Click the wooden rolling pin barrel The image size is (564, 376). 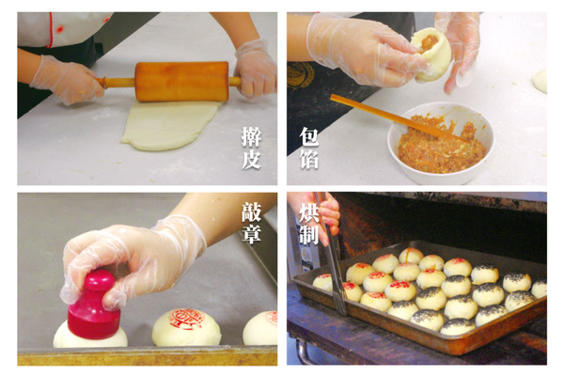pos(182,82)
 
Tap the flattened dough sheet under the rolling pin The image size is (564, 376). pos(169,125)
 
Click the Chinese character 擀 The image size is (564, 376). pos(251,136)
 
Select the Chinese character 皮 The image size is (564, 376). pos(251,159)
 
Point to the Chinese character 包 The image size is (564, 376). pos(309,136)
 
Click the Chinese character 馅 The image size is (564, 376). pos(309,159)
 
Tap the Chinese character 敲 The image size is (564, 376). pos(251,211)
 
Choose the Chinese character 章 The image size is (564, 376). pos(251,234)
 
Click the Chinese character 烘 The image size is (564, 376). pos(309,211)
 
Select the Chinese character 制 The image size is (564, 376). pos(309,234)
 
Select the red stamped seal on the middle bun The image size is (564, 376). pos(187,319)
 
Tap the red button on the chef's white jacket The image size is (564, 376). pos(59,29)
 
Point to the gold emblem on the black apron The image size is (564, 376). pos(301,74)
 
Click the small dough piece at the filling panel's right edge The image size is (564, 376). pos(540,82)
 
